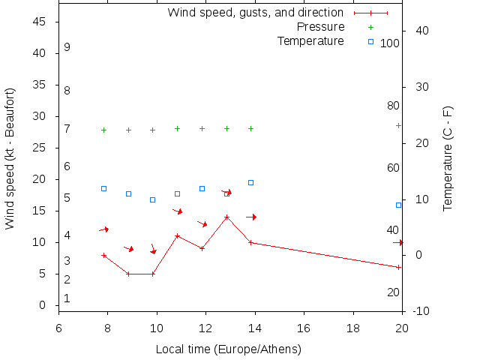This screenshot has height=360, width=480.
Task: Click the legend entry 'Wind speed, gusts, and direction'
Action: pyautogui.click(x=255, y=13)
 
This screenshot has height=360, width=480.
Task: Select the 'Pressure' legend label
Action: pyautogui.click(x=320, y=27)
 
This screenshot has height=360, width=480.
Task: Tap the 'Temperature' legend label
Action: pyautogui.click(x=310, y=40)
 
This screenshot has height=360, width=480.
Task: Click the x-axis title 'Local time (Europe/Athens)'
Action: pyautogui.click(x=228, y=349)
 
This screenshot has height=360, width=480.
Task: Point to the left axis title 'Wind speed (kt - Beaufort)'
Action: pyautogui.click(x=10, y=158)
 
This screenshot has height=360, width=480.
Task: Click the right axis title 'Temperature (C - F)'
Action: pyautogui.click(x=448, y=158)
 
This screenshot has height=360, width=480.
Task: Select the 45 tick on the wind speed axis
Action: pyautogui.click(x=40, y=22)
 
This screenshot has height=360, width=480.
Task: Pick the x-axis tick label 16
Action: pyautogui.click(x=304, y=328)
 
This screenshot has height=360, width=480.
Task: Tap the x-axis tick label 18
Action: pyautogui.click(x=352, y=328)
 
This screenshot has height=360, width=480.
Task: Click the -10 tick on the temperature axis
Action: pyautogui.click(x=421, y=311)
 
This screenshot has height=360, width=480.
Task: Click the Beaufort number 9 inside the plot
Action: pyautogui.click(x=67, y=47)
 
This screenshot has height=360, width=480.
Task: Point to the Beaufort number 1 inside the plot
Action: pyautogui.click(x=67, y=298)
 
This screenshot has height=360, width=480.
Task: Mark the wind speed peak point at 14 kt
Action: pyautogui.click(x=226, y=217)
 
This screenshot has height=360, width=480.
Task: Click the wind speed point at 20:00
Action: pyautogui.click(x=398, y=267)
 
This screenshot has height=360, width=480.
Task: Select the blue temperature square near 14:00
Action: pyautogui.click(x=250, y=182)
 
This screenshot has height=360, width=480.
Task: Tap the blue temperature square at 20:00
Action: pyautogui.click(x=398, y=205)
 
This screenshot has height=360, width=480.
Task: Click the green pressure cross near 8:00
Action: pyautogui.click(x=103, y=130)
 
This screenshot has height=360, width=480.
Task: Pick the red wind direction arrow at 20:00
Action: pyautogui.click(x=398, y=242)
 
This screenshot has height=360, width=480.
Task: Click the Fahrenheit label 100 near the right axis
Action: pyautogui.click(x=390, y=43)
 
